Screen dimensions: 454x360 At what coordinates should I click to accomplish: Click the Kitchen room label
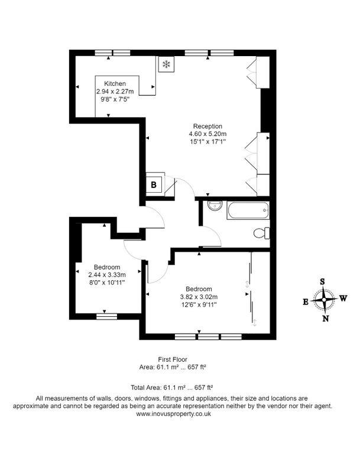click(x=115, y=84)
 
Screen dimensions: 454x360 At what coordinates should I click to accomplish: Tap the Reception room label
click(x=207, y=126)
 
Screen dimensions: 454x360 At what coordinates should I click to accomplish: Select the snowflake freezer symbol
click(x=166, y=64)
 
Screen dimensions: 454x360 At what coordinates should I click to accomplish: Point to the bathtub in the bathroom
click(x=247, y=209)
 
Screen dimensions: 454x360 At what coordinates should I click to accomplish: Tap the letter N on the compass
click(x=325, y=319)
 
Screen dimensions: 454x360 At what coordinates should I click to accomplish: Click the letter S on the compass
click(x=323, y=281)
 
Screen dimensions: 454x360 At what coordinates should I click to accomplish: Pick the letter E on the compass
click(x=305, y=301)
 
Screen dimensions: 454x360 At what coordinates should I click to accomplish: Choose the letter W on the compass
click(x=343, y=299)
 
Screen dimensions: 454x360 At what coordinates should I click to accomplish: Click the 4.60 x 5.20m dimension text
click(x=207, y=134)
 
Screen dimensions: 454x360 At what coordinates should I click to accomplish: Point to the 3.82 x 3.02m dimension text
click(x=199, y=297)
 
